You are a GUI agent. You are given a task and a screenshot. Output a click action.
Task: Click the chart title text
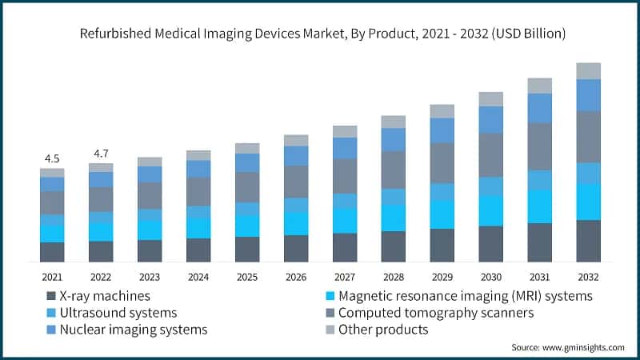[320, 34]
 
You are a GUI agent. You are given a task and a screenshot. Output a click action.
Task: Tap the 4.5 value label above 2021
[52, 158]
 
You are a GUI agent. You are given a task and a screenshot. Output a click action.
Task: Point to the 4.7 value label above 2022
[101, 153]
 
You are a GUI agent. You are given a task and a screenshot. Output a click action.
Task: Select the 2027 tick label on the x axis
[345, 277]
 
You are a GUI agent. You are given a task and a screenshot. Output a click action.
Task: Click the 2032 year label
[589, 277]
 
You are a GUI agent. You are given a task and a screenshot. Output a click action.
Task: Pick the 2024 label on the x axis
[198, 277]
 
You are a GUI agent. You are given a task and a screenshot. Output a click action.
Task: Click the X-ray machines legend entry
[103, 296]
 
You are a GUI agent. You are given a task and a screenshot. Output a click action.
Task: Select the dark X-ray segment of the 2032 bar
[589, 241]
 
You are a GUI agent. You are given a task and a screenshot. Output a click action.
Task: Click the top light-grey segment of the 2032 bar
[589, 70]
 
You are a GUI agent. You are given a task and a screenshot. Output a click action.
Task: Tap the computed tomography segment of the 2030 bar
[491, 154]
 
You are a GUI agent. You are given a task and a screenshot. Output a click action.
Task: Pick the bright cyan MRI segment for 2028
[394, 218]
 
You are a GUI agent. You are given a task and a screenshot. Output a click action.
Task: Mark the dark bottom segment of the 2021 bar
[52, 252]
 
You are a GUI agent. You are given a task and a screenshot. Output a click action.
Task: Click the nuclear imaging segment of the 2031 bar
[540, 108]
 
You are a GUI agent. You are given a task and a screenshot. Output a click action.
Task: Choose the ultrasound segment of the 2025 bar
[247, 209]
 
